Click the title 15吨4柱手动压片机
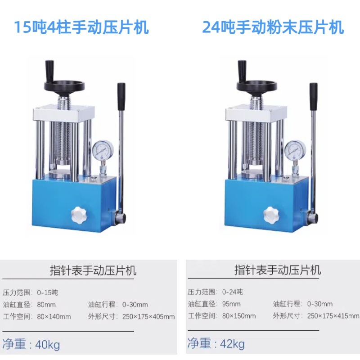81,28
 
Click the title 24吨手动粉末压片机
273,28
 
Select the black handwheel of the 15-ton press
65,85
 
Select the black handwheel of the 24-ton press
258,85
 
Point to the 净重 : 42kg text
216,344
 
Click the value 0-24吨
232,292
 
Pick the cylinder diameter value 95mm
231,304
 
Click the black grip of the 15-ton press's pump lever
121,96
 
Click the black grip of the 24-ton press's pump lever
313,96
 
